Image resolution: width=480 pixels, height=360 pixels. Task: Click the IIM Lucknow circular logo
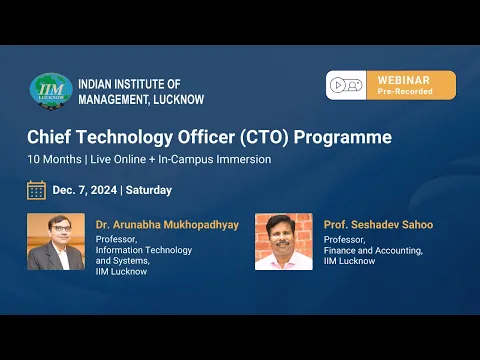click(x=51, y=89)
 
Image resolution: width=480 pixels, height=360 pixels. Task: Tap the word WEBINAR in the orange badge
click(x=403, y=79)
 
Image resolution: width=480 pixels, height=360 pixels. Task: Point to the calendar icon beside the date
click(x=37, y=190)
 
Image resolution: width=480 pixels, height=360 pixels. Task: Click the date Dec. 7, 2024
click(x=85, y=190)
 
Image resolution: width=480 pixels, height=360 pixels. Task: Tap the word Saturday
click(x=149, y=190)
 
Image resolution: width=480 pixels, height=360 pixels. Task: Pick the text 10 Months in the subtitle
click(x=56, y=159)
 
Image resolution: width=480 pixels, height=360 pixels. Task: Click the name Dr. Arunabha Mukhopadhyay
click(x=167, y=225)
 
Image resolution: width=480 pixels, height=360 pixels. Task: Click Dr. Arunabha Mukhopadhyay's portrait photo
click(x=56, y=241)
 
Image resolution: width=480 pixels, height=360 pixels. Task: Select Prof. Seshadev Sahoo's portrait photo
click(x=284, y=241)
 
